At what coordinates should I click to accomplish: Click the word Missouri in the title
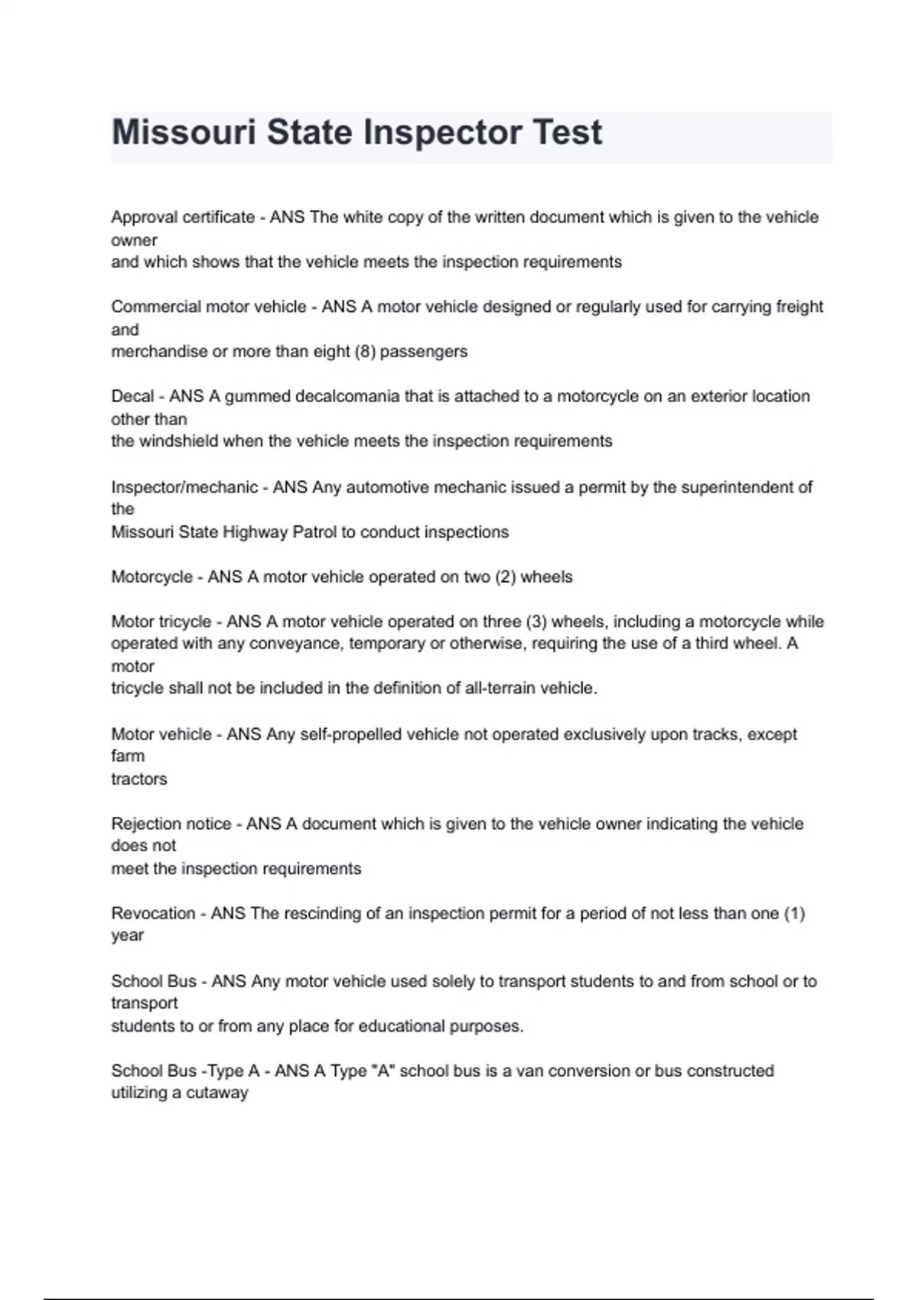pyautogui.click(x=183, y=132)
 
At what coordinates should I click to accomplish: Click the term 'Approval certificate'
pyautogui.click(x=183, y=217)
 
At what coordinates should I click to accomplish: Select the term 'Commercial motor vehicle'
pyautogui.click(x=209, y=307)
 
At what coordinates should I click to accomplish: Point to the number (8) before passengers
pyautogui.click(x=365, y=352)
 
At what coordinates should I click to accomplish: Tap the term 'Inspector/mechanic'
pyautogui.click(x=184, y=487)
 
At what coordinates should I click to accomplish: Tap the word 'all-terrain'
pyautogui.click(x=500, y=688)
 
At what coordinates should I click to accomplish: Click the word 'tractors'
pyautogui.click(x=139, y=779)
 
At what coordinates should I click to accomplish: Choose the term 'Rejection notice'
pyautogui.click(x=171, y=824)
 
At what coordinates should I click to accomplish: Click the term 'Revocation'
pyautogui.click(x=151, y=913)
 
